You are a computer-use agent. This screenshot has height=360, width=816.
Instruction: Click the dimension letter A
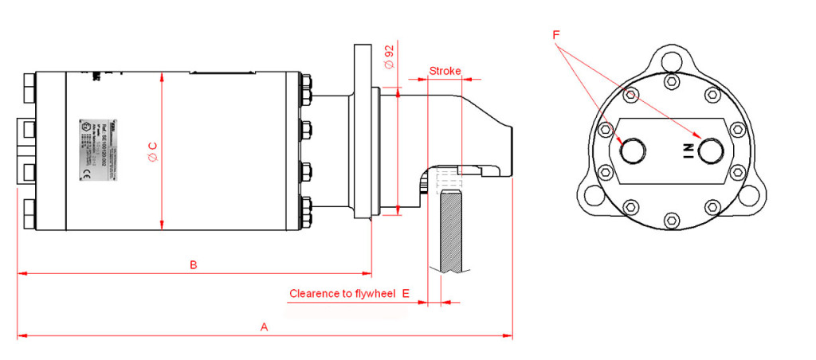point(265,327)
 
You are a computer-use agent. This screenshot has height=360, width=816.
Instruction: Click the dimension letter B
point(193,264)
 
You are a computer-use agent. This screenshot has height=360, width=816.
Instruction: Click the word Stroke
point(445,71)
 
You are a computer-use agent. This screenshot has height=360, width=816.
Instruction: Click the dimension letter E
point(406,294)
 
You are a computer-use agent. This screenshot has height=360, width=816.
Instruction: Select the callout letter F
point(555,35)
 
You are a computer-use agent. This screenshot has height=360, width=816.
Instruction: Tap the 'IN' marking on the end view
point(685,149)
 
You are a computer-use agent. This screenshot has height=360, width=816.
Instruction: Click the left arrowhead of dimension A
point(21,336)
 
